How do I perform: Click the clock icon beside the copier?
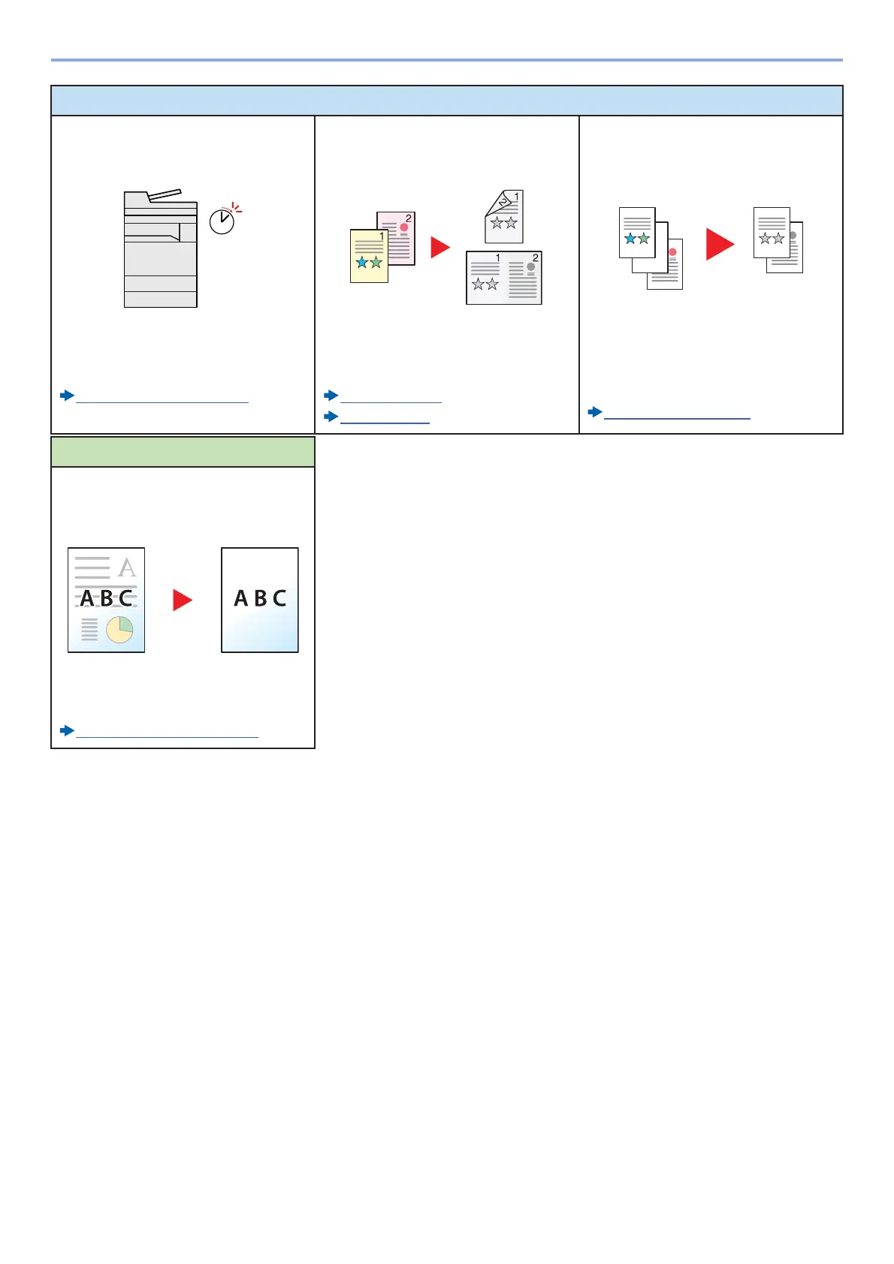(222, 221)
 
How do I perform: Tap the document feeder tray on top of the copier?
(164, 196)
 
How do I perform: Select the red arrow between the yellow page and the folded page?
(439, 248)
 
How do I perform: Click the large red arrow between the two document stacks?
(719, 245)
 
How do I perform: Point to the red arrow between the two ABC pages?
(182, 600)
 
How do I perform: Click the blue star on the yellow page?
(362, 263)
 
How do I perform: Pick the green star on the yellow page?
(376, 263)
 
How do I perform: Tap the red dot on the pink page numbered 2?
(404, 227)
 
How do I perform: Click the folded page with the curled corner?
(504, 217)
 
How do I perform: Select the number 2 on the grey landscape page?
(535, 258)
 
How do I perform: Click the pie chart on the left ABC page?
(119, 630)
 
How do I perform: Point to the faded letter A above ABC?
(128, 567)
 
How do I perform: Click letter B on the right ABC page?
(260, 598)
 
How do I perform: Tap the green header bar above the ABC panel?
(183, 452)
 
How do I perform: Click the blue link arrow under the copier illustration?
(67, 395)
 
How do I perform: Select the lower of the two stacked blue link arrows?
(331, 417)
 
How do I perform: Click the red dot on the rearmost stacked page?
(672, 252)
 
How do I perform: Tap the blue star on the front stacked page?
(630, 239)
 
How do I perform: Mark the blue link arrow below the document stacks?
(594, 411)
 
